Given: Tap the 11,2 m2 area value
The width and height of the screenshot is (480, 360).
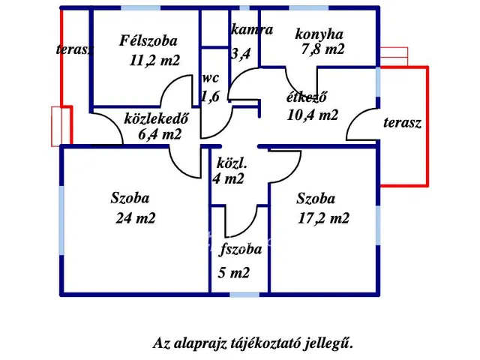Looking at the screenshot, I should point(154,61).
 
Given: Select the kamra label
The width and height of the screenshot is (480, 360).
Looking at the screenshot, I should point(252,31).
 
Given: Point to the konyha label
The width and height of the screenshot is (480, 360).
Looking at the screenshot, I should point(319,34).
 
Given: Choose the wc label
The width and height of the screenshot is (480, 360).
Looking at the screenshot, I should point(209,79).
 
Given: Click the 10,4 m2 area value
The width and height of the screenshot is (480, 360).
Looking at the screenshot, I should point(312,115).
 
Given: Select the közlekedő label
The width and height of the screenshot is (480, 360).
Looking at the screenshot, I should point(155,118).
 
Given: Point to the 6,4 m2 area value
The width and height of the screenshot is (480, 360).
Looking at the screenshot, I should point(160,135).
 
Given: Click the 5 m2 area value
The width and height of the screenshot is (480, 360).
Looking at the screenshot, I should point(235,273).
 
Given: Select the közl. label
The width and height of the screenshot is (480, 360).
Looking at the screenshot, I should point(232,163).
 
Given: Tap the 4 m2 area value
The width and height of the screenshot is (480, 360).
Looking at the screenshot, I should point(229,179).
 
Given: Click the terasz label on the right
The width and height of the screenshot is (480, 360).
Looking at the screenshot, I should point(401,122).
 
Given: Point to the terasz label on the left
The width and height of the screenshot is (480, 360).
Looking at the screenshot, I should point(75,50).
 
